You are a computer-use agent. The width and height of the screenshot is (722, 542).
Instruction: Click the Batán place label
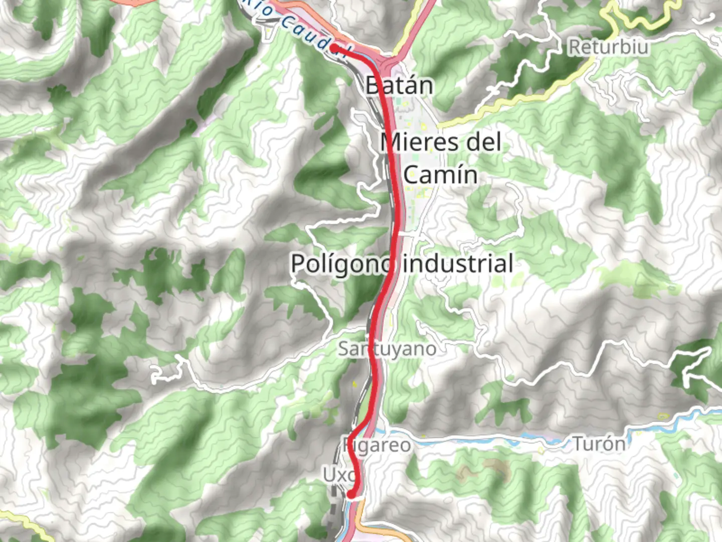pyautogui.click(x=399, y=85)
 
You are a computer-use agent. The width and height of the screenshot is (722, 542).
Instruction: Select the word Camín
pyautogui.click(x=440, y=175)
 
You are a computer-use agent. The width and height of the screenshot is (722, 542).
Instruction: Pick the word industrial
pyautogui.click(x=458, y=263)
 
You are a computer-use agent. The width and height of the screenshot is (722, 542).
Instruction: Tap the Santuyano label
pyautogui.click(x=387, y=348)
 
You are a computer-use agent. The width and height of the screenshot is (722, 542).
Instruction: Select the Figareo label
pyautogui.click(x=377, y=445)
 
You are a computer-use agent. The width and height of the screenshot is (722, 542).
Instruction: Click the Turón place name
pyautogui.click(x=599, y=444)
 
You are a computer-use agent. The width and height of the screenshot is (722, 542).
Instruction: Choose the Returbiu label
pyautogui.click(x=608, y=47)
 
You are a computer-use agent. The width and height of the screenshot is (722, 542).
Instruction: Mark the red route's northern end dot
pyautogui.click(x=333, y=48)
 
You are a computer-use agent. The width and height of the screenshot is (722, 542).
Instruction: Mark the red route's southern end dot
pyautogui.click(x=351, y=495)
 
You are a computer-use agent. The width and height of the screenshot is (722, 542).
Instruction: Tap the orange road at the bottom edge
pyautogui.click(x=381, y=532)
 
